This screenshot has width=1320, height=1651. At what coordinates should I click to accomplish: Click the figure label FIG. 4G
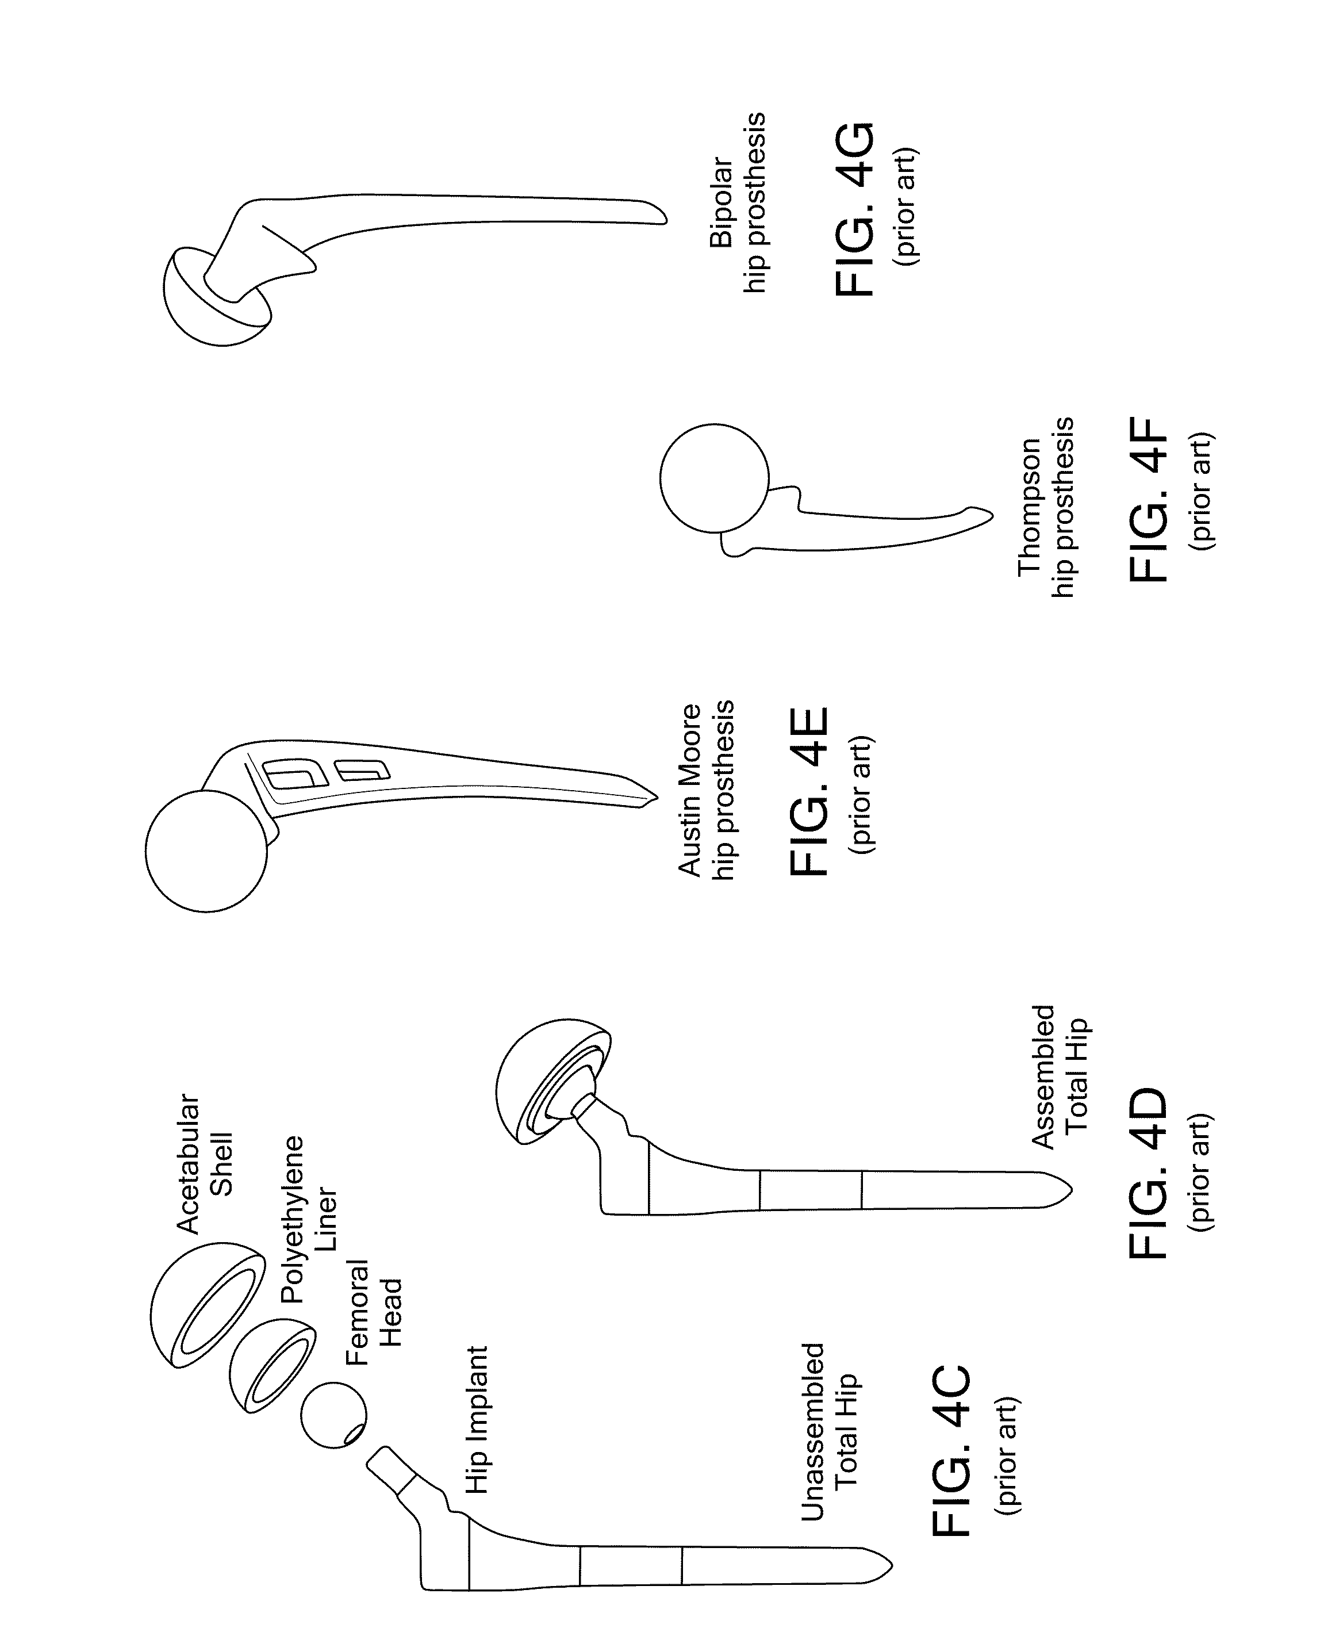pos(852,208)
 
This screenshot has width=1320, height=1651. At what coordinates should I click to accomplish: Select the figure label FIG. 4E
pos(808,791)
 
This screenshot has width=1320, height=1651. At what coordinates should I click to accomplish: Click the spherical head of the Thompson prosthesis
pos(713,478)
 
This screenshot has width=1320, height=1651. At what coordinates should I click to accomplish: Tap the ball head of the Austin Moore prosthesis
pos(206,852)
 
